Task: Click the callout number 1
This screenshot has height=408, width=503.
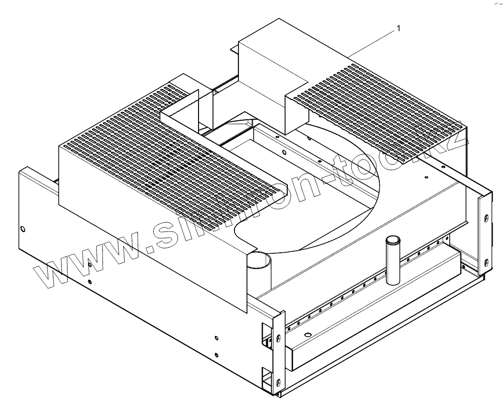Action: click(399, 29)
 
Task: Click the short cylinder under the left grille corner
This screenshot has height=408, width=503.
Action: click(260, 261)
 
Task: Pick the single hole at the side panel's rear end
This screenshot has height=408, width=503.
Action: click(23, 228)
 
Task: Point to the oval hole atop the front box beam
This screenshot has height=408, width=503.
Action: click(308, 335)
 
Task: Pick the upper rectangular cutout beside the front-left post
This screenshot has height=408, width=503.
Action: click(265, 333)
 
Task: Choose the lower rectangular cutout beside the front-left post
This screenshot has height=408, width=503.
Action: click(266, 376)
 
